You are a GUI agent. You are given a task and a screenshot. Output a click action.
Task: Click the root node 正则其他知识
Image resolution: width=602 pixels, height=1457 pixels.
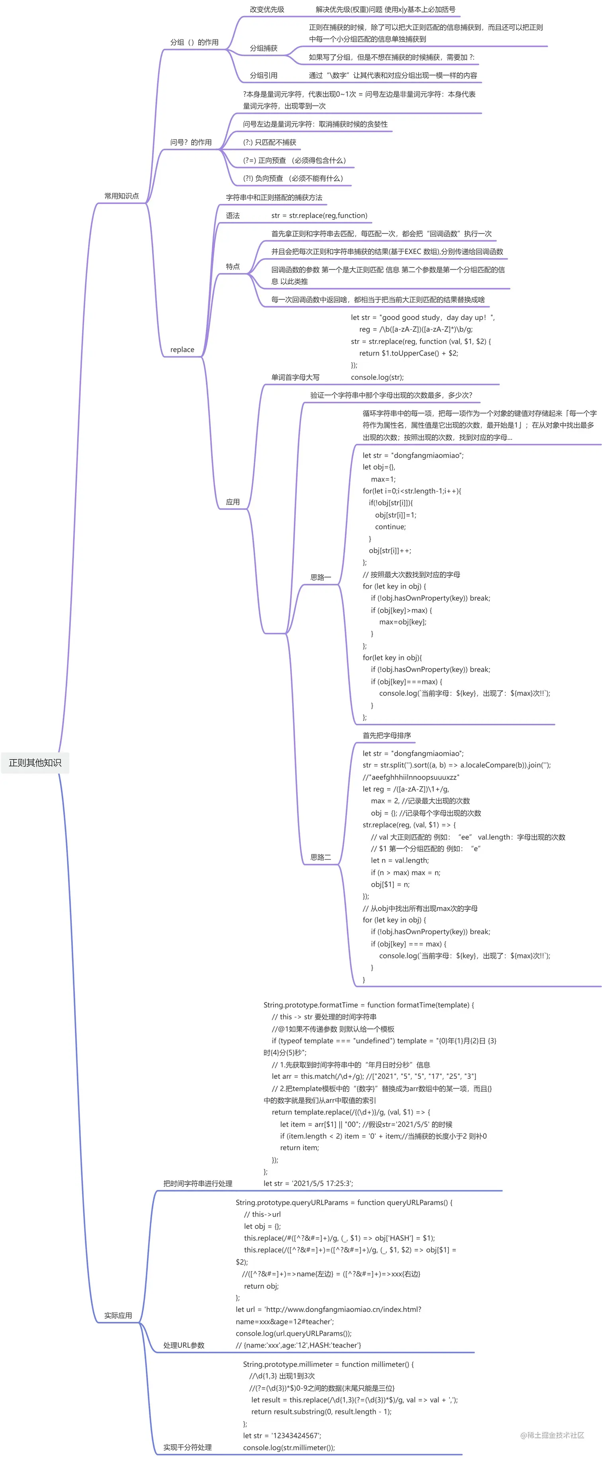coord(35,762)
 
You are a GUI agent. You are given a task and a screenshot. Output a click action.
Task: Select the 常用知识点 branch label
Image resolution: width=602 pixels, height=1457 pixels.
coord(121,196)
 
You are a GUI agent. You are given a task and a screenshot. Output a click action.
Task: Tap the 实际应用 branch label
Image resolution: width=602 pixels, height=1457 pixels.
coord(118,1315)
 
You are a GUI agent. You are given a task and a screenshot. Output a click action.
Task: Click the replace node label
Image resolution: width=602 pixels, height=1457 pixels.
coord(182,350)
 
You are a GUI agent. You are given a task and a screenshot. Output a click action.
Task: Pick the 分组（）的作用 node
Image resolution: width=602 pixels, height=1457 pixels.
coord(194,42)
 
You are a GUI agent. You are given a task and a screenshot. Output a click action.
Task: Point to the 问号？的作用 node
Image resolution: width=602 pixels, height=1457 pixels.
coord(191,142)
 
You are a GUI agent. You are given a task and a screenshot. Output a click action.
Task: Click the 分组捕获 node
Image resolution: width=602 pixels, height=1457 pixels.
coord(264,48)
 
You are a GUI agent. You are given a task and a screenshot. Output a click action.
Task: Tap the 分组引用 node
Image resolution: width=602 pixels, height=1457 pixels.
coord(264,75)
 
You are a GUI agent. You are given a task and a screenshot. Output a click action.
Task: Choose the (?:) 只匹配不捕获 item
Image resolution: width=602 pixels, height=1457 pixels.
coord(270,142)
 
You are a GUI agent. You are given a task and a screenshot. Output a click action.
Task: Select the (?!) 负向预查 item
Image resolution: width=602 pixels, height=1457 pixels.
coord(293,178)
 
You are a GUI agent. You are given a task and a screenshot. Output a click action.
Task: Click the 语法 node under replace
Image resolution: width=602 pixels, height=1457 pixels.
coord(233,216)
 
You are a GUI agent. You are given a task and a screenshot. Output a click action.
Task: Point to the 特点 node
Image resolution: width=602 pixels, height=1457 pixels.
coord(233,266)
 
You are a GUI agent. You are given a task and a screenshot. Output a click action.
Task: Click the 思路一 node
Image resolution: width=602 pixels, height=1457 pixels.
coord(321,577)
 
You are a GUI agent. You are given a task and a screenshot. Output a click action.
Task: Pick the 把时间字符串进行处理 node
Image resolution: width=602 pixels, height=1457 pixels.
coord(198,1183)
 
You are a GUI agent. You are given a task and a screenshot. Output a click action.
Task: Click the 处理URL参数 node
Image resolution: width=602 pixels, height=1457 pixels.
coord(184,1345)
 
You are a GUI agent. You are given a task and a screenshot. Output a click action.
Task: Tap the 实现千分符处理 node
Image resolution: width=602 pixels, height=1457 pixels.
coord(188,1447)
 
